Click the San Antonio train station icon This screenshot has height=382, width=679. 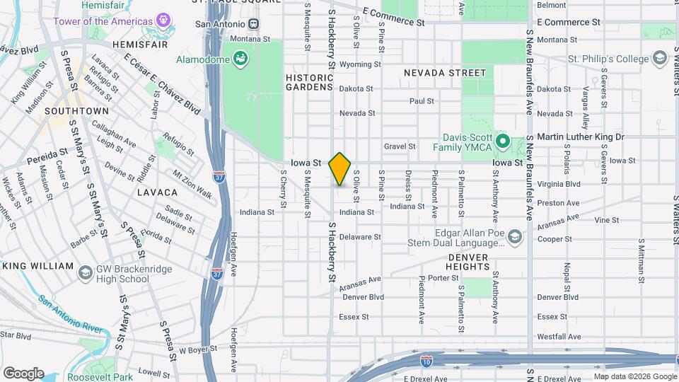click(253, 24)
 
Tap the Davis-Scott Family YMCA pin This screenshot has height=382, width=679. click(502, 141)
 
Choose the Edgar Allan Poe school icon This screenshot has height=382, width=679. click(514, 236)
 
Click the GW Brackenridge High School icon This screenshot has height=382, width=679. click(85, 272)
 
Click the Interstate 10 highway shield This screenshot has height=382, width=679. click(426, 361)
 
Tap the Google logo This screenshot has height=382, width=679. click(23, 373)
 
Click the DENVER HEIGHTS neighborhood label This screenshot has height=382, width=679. click(468, 261)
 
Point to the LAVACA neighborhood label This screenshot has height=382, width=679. click(157, 192)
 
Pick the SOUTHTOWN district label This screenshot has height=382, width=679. click(76, 111)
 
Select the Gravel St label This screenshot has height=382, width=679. click(400, 146)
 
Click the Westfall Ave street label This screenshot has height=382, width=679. click(558, 336)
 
